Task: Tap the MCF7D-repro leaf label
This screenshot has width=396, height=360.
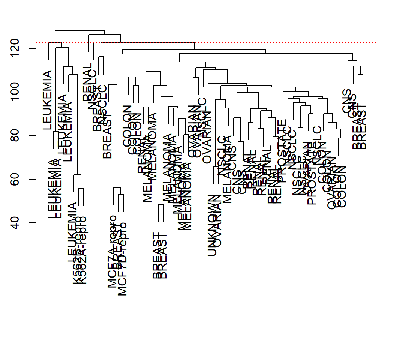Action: pyautogui.click(x=122, y=259)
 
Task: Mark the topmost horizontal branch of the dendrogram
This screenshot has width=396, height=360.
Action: pyautogui.click(x=79, y=30)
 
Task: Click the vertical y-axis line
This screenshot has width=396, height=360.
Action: pyautogui.click(x=36, y=120)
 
